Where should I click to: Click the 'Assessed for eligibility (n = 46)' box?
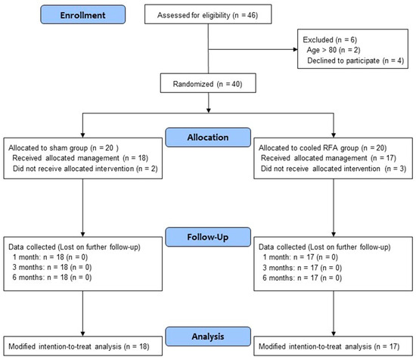pyautogui.click(x=209, y=15)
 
